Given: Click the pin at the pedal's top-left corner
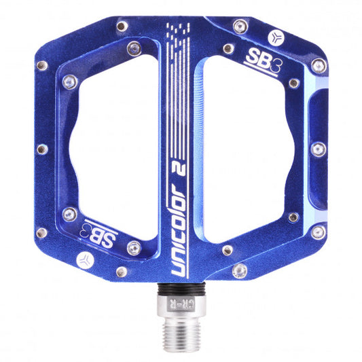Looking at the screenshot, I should point(121,26).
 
